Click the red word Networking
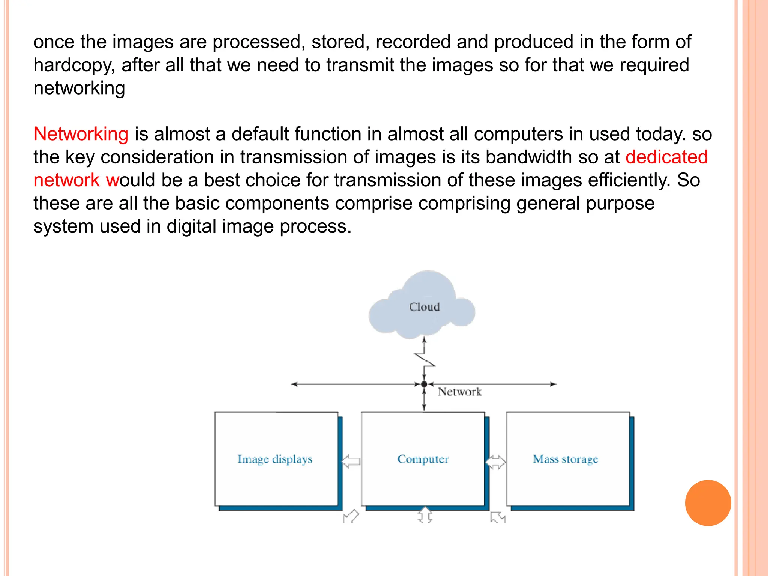81,134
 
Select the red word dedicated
666,157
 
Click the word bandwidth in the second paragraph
529,157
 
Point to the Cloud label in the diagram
424,307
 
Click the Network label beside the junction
459,392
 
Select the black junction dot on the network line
424,384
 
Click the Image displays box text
275,459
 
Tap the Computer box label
423,459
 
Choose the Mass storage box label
565,459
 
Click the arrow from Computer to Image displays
351,461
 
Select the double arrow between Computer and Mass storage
496,462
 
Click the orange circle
708,503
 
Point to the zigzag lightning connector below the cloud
424,359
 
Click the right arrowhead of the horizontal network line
553,384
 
